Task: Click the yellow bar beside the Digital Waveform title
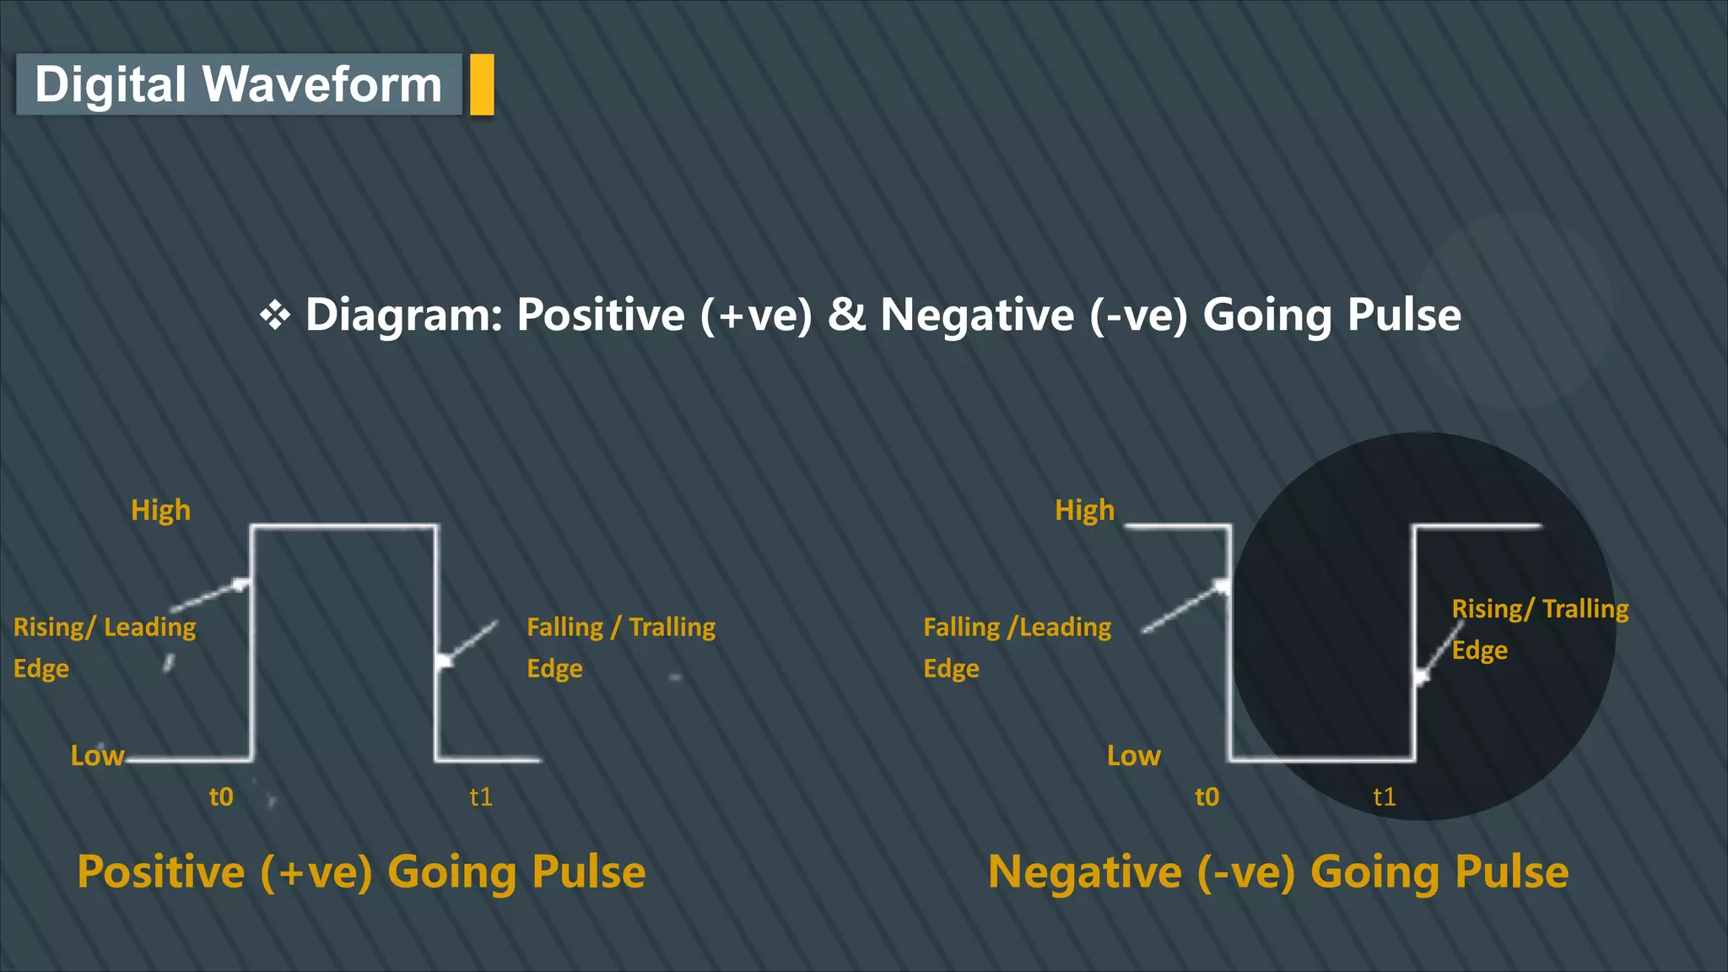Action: (482, 84)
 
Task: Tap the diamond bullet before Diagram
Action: (275, 316)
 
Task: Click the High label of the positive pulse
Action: (160, 510)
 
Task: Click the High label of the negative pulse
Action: (1084, 510)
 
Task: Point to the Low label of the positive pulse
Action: (97, 755)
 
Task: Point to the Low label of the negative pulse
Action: (1133, 755)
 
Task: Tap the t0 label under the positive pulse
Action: (221, 796)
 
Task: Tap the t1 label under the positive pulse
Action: (481, 796)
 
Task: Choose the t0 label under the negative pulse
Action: (1207, 796)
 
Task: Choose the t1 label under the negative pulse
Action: (1384, 796)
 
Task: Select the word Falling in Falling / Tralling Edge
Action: (564, 627)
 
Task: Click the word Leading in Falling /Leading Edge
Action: (1065, 627)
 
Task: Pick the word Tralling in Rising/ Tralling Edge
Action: (1585, 609)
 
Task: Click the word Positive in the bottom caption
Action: (160, 872)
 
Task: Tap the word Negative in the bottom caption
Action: (1084, 872)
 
